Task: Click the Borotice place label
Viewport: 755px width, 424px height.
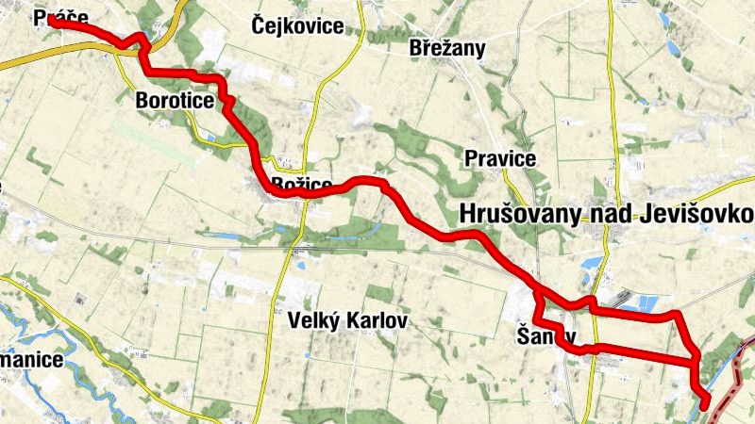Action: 175,100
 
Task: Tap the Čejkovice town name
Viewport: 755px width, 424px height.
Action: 298,25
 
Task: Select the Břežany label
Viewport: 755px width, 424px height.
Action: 447,48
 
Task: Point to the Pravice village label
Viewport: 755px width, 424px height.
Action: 500,158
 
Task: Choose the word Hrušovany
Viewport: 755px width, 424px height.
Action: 517,215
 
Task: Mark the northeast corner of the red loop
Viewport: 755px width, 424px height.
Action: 675,313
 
